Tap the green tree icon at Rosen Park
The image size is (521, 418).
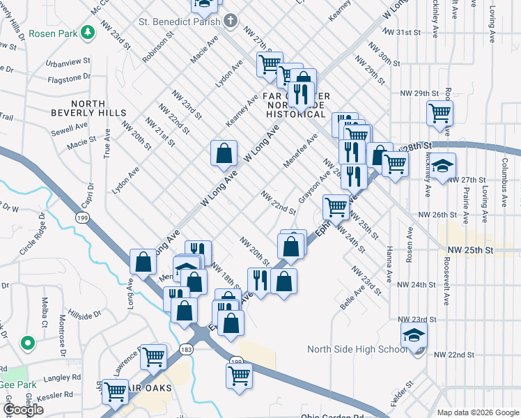pos(88,32)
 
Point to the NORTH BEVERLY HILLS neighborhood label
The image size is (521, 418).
pos(88,107)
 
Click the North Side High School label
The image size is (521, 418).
pos(357,349)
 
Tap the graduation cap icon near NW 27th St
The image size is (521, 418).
pos(442,167)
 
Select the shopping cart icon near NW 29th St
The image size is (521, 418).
pos(440,112)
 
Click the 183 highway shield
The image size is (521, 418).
pos(186,348)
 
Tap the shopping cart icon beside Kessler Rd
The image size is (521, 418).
pos(115,391)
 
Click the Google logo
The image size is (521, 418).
pos(24,410)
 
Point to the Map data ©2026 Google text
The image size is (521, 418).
pos(477,412)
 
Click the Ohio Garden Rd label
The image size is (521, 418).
pos(332,417)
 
